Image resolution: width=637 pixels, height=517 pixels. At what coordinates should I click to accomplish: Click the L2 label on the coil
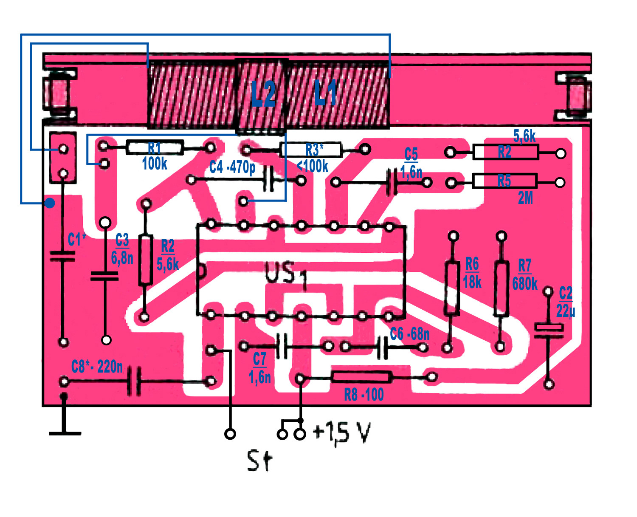pyautogui.click(x=263, y=94)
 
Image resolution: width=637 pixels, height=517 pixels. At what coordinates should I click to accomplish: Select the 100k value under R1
pyautogui.click(x=155, y=163)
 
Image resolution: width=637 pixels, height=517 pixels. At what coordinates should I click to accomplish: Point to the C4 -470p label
pyautogui.click(x=232, y=167)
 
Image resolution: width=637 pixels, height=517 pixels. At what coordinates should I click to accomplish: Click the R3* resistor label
pyautogui.click(x=314, y=150)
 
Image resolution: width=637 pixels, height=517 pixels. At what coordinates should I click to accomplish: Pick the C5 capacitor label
pyautogui.click(x=411, y=154)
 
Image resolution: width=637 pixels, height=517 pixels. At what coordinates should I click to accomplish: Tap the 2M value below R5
pyautogui.click(x=525, y=198)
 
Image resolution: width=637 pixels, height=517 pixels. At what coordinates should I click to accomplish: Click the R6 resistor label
pyautogui.click(x=472, y=264)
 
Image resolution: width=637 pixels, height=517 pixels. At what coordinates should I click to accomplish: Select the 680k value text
pyautogui.click(x=525, y=283)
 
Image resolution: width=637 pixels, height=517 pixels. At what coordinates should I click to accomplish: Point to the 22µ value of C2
pyautogui.click(x=566, y=311)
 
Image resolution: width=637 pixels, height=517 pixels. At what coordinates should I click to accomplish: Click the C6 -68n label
pyautogui.click(x=410, y=334)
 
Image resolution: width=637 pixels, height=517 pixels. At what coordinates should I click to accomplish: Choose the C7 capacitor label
pyautogui.click(x=259, y=359)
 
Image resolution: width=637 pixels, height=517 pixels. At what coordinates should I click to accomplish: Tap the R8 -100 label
pyautogui.click(x=364, y=395)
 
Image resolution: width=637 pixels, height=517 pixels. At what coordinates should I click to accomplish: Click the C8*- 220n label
pyautogui.click(x=97, y=366)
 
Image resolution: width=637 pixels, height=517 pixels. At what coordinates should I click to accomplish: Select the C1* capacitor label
pyautogui.click(x=76, y=240)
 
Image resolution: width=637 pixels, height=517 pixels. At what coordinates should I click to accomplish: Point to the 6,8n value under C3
pyautogui.click(x=122, y=257)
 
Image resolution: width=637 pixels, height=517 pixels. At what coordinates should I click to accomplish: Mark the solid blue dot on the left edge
pyautogui.click(x=50, y=203)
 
